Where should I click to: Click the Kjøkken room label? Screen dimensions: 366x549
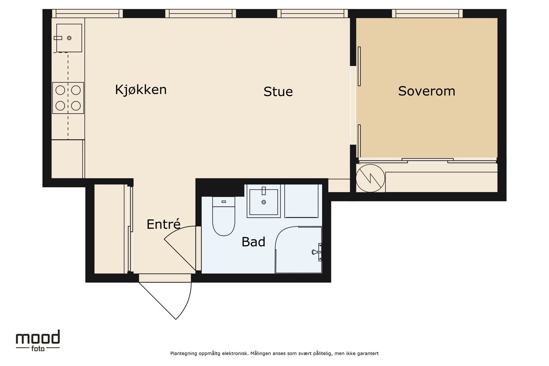click(x=141, y=90)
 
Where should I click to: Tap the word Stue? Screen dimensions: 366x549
click(x=278, y=92)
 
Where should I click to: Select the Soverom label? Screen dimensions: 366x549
click(x=427, y=91)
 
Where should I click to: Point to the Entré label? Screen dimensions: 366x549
click(x=163, y=224)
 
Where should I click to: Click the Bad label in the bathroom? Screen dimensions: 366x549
click(x=253, y=242)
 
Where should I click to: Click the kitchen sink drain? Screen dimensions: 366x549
click(x=69, y=38)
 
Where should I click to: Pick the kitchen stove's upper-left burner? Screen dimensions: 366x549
click(x=60, y=90)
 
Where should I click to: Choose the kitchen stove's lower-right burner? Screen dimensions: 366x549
click(x=76, y=105)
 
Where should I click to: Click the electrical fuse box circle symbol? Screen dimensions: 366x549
click(x=370, y=178)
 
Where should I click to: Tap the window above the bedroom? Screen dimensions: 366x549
click(x=427, y=13)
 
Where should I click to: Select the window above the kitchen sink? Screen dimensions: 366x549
click(x=87, y=13)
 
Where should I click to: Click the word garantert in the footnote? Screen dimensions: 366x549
click(x=368, y=353)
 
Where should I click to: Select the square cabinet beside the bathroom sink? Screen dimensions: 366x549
click(x=301, y=201)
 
